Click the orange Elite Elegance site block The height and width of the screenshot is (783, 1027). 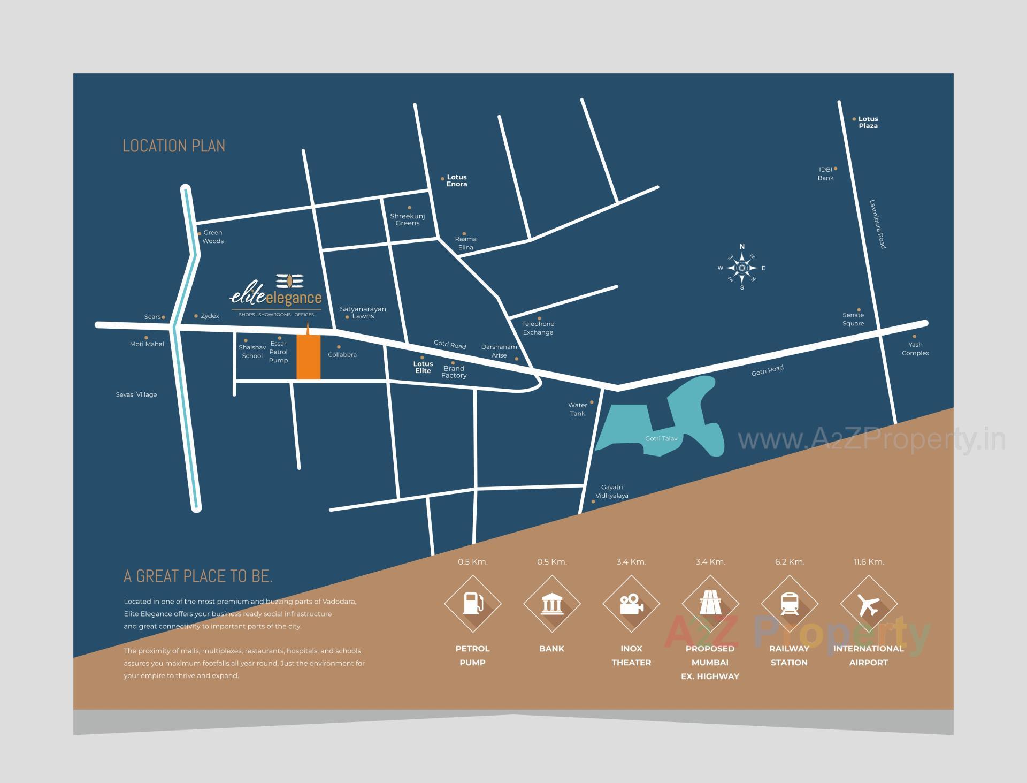(x=309, y=357)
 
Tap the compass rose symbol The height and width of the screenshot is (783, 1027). (x=742, y=268)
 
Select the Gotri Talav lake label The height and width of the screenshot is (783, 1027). (x=661, y=438)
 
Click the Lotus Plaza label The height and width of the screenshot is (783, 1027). (x=868, y=123)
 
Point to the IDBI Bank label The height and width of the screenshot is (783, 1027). (x=825, y=174)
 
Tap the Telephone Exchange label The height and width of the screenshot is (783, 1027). (x=538, y=328)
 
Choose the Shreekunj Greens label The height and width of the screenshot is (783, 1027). (x=408, y=219)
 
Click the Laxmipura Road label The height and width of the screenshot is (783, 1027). (x=878, y=224)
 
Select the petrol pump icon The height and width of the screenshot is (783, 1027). (x=472, y=604)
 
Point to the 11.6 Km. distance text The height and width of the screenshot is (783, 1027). (x=869, y=562)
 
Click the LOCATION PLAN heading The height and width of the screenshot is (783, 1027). (x=174, y=146)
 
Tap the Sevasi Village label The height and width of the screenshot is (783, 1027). (x=136, y=395)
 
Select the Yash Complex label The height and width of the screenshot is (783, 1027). (x=915, y=349)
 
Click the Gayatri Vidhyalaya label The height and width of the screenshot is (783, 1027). (x=612, y=491)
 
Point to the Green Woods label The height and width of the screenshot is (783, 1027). (x=213, y=237)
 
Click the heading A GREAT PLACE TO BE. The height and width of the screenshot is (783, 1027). (x=198, y=576)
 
